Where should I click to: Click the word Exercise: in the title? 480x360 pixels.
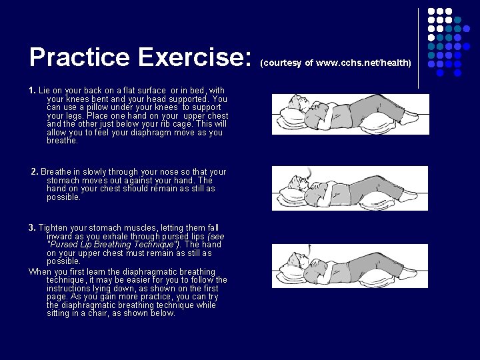point(193,57)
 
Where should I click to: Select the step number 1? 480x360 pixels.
point(32,90)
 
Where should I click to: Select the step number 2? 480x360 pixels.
point(34,172)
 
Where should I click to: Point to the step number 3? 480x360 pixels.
point(32,228)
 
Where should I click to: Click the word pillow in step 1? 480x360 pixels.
point(106,107)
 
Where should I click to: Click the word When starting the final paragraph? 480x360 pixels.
point(41,272)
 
